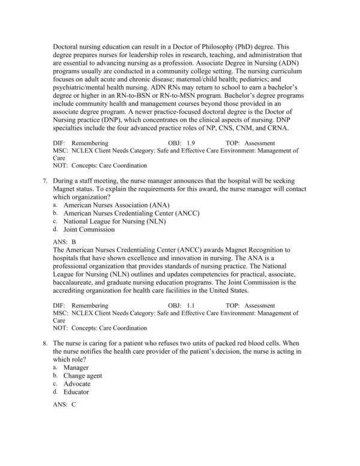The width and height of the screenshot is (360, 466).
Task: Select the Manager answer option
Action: coord(76,367)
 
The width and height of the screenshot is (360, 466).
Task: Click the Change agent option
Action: coord(83,375)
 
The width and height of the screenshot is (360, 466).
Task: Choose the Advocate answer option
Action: coord(77,384)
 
